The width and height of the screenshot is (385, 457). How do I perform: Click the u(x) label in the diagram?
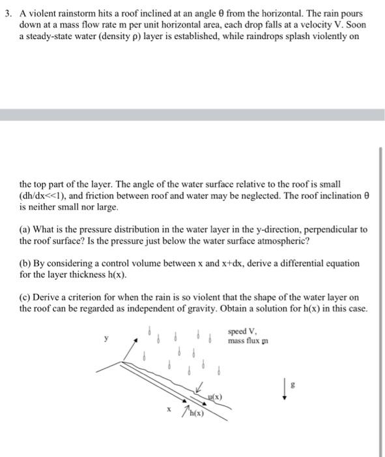point(214,396)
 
